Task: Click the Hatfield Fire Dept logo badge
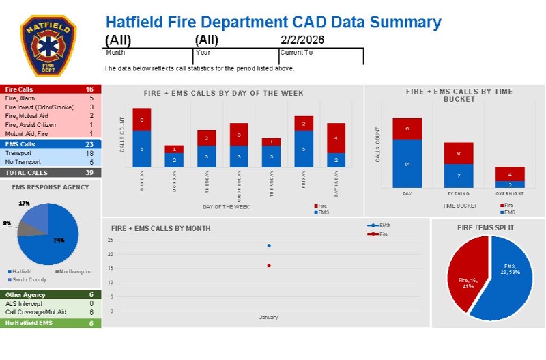[x=48, y=44]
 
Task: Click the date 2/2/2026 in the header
[x=302, y=40]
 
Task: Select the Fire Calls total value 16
[x=89, y=89]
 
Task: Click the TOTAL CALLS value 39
[x=89, y=173]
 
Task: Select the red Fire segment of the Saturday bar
[x=336, y=138]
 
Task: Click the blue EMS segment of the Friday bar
[x=303, y=149]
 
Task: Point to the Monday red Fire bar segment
[x=174, y=149]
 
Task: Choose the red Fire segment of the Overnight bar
[x=510, y=174]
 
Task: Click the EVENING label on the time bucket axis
[x=459, y=194]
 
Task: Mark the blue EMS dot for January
[x=269, y=246]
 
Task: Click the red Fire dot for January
[x=269, y=265]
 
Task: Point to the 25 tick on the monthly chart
[x=111, y=240]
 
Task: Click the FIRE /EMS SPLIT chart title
[x=485, y=227]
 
